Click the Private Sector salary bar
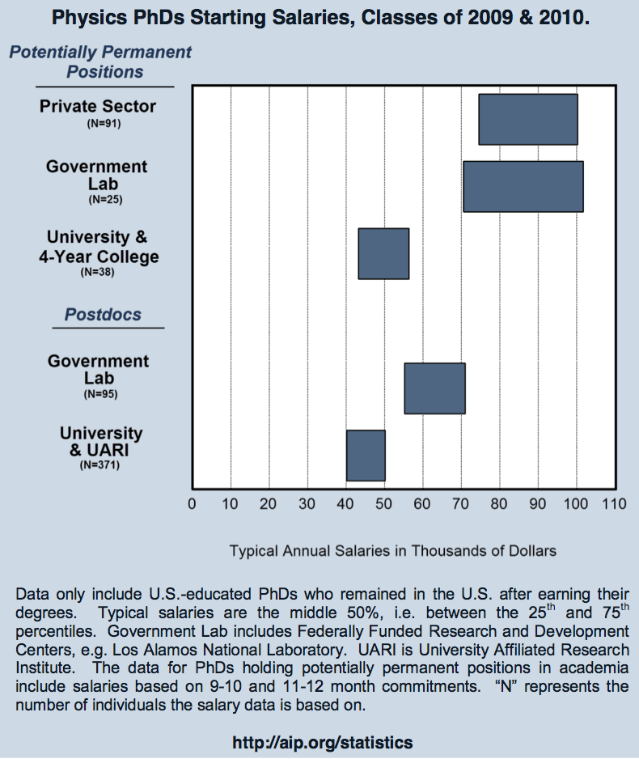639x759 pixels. [x=527, y=119]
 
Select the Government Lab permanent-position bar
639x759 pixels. [x=523, y=186]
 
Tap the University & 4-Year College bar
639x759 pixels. [x=383, y=253]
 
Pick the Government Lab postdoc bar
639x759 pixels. [x=434, y=388]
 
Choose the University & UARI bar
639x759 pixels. [x=366, y=456]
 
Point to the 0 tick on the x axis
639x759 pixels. [x=192, y=504]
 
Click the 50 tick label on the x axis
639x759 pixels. [x=384, y=504]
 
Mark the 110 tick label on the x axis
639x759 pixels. [x=614, y=504]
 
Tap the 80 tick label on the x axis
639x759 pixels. [x=499, y=504]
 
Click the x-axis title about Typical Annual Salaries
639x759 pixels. [x=393, y=551]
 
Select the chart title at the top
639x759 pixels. [x=319, y=17]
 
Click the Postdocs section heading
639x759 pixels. [x=103, y=315]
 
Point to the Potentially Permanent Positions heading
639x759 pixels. [x=101, y=61]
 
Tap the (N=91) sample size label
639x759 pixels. [x=103, y=124]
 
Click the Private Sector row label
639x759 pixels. [x=98, y=106]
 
